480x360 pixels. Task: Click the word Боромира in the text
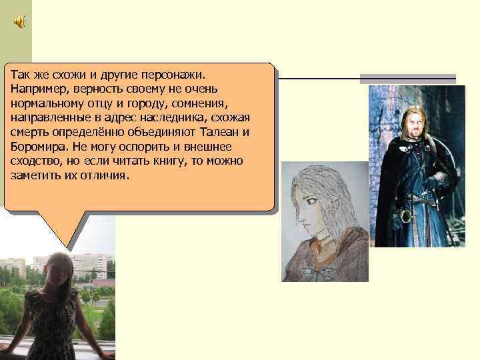[39, 147]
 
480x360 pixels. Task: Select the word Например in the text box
[37, 88]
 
